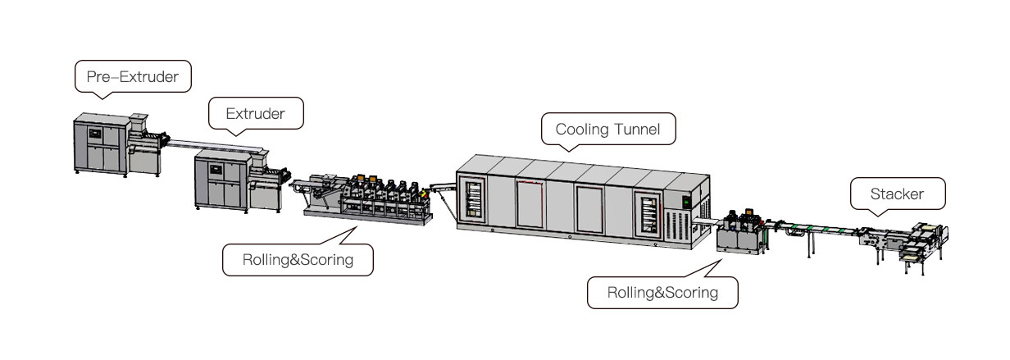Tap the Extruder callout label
(256, 114)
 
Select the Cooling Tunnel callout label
(607, 129)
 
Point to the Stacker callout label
(897, 194)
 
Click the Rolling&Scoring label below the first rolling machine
(297, 261)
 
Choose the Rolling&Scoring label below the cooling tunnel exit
(662, 292)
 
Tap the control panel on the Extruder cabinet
(216, 171)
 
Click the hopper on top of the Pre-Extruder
(140, 121)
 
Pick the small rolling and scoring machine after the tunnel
(741, 231)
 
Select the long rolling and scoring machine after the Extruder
(365, 202)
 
